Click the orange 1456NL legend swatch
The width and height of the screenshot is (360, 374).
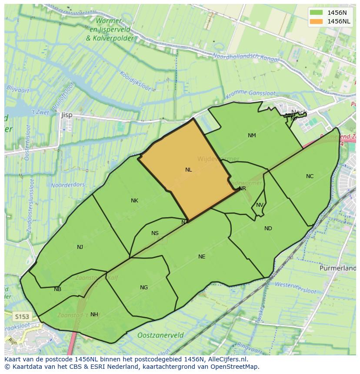pyautogui.click(x=317, y=21)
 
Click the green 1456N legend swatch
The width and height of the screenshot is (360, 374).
pyautogui.click(x=317, y=12)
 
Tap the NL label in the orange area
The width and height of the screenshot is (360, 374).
pyautogui.click(x=188, y=170)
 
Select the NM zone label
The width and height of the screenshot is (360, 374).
pyautogui.click(x=252, y=136)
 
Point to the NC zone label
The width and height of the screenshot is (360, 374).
pyautogui.click(x=310, y=176)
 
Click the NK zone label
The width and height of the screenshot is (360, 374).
pyautogui.click(x=134, y=201)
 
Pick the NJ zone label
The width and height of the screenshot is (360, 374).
pyautogui.click(x=80, y=247)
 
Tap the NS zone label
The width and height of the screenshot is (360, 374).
pyautogui.click(x=155, y=233)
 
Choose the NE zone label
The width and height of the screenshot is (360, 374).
pyautogui.click(x=202, y=257)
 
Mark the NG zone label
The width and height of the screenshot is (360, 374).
pyautogui.click(x=144, y=288)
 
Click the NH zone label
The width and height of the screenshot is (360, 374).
pyautogui.click(x=94, y=314)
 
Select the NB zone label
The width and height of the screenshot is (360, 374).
pyautogui.click(x=57, y=289)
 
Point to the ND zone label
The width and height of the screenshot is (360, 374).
pyautogui.click(x=268, y=228)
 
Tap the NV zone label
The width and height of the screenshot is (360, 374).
pyautogui.click(x=260, y=205)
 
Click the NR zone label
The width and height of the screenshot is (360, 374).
pyautogui.click(x=243, y=189)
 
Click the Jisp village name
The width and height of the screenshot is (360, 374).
pyautogui.click(x=67, y=115)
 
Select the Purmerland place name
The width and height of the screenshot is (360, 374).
pyautogui.click(x=337, y=268)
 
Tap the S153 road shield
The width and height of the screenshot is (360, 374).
pyautogui.click(x=21, y=316)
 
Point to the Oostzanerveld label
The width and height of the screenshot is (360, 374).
pyautogui.click(x=160, y=335)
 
